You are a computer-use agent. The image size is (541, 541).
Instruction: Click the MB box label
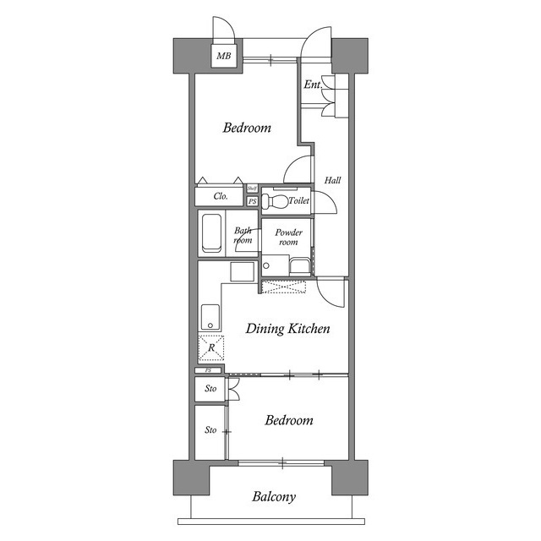point(223,57)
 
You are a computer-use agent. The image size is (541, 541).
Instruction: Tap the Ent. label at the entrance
point(312,85)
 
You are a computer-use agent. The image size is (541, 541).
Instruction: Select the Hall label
point(332,180)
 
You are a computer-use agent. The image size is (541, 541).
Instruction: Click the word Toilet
point(298,201)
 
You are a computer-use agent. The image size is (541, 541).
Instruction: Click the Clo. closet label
point(221,196)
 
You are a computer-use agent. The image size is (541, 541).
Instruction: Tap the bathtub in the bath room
point(211,232)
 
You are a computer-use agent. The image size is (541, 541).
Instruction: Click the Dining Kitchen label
point(287,329)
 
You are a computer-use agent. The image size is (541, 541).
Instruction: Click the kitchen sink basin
point(210,318)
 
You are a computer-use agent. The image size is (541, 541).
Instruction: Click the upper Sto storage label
point(210,390)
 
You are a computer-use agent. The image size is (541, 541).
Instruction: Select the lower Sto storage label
point(210,430)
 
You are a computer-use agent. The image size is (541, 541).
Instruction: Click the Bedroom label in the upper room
point(247,128)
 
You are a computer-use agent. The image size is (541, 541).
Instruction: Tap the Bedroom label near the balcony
point(288,420)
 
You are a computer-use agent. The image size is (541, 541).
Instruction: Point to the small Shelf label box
point(252,189)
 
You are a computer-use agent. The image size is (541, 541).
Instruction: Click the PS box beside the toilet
point(252,201)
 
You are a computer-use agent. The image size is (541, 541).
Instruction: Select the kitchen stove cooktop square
point(243,272)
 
